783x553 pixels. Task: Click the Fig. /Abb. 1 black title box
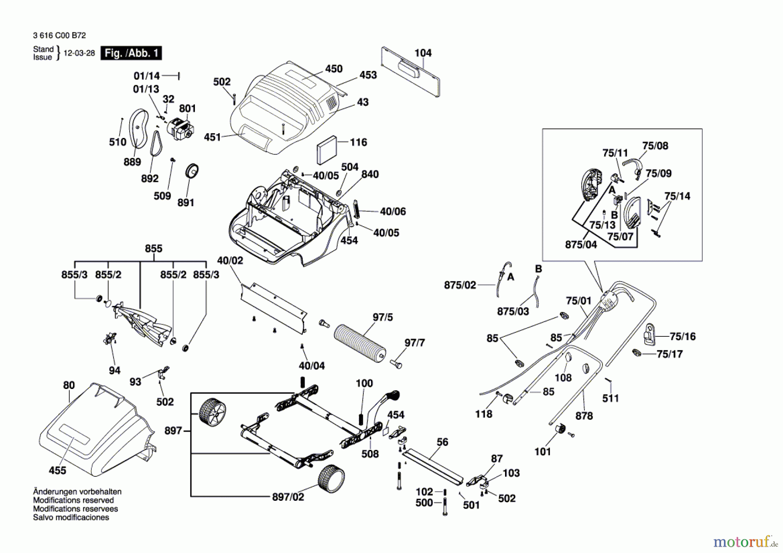click(131, 53)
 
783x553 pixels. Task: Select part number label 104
click(423, 53)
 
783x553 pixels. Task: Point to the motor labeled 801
click(181, 129)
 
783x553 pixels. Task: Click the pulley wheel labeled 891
click(192, 171)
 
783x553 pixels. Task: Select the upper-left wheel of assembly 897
click(212, 411)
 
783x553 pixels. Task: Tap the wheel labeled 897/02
click(331, 478)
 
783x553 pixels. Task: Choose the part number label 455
click(57, 470)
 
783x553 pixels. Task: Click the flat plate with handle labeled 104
click(410, 72)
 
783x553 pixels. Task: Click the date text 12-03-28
click(79, 53)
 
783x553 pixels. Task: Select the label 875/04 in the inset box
click(581, 245)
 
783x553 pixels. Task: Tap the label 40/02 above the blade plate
click(230, 260)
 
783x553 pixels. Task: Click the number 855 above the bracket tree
click(154, 248)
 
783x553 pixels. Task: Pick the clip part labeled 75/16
click(649, 334)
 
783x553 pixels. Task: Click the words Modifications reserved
click(74, 500)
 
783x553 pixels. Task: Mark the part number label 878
click(584, 416)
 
